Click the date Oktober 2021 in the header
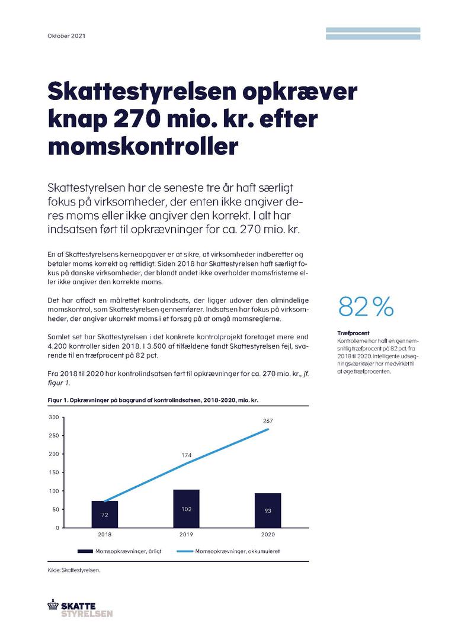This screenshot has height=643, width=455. pyautogui.click(x=66, y=36)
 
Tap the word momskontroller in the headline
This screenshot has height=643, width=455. pyautogui.click(x=142, y=145)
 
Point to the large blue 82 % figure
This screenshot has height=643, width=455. pyautogui.click(x=366, y=307)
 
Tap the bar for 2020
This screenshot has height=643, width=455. pyautogui.click(x=268, y=510)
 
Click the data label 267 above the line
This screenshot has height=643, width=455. pyautogui.click(x=268, y=421)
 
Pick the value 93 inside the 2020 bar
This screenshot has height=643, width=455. pyautogui.click(x=268, y=510)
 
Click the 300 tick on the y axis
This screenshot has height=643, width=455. pyautogui.click(x=53, y=417)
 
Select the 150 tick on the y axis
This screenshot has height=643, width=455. pyautogui.click(x=53, y=472)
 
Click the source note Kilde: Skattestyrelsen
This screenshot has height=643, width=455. pyautogui.click(x=74, y=571)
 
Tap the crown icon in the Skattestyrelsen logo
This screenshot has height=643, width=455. pyautogui.click(x=53, y=605)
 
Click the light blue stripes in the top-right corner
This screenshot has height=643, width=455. pyautogui.click(x=373, y=33)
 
